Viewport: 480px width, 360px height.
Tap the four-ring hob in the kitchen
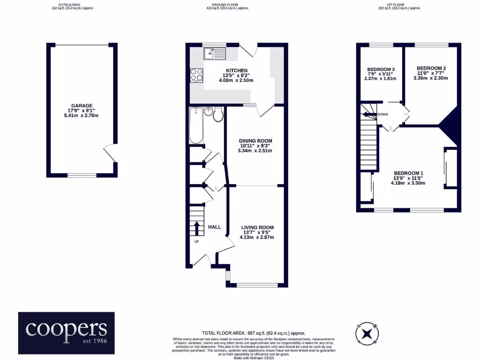pos(196,75)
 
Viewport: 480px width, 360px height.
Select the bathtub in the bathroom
pos(195,125)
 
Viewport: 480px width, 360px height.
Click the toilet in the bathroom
pos(218,114)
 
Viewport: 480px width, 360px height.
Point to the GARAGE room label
pos(82,105)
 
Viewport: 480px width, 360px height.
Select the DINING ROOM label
pos(255,141)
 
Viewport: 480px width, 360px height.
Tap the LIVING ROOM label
pos(257,227)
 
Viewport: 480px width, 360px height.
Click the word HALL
pos(215,227)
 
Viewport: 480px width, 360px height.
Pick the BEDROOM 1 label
pos(409,172)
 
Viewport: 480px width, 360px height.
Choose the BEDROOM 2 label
pos(431,68)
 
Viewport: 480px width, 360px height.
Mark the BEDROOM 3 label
pos(380,69)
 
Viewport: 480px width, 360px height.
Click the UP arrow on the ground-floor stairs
pos(196,229)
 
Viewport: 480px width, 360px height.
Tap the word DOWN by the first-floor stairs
pos(382,114)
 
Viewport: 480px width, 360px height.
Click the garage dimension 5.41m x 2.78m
pos(82,116)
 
